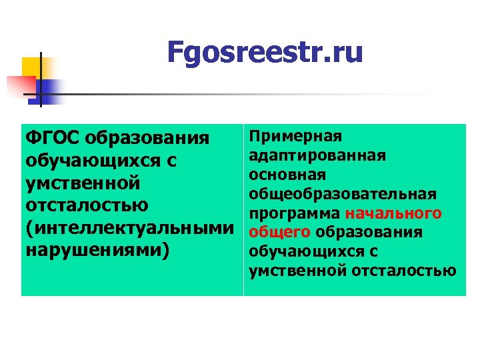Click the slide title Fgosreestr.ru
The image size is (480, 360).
tap(265, 53)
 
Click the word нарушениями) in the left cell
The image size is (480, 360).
tap(97, 250)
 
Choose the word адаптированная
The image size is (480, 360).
tap(317, 155)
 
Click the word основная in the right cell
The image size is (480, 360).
tap(287, 175)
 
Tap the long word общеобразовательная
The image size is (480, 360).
tap(343, 194)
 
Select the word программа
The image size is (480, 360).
tap(295, 213)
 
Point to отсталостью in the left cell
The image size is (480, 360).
tap(87, 205)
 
